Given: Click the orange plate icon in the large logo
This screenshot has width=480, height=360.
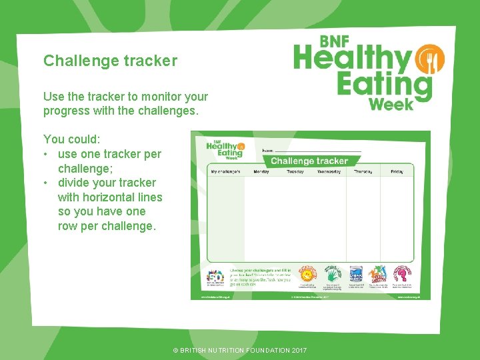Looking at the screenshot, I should coord(429,61).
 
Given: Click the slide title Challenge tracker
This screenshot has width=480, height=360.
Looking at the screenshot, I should coord(110,61).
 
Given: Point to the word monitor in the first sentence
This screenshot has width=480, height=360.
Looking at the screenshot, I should coord(156,97).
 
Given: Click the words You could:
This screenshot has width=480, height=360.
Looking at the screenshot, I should coord(72,139).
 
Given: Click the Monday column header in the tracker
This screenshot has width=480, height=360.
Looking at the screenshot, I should coord(261,171).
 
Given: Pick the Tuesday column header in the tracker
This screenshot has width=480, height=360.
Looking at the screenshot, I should coord(295,171).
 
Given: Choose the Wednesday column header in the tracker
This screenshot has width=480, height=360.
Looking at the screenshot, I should coord(329,171).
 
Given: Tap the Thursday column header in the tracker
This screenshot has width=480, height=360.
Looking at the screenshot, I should coord(363,171).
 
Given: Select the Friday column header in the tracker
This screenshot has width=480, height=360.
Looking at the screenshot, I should coord(397,171).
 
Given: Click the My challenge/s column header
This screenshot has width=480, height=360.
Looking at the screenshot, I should coord(225,171).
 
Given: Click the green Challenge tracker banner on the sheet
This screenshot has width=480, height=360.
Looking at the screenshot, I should coord(309,161).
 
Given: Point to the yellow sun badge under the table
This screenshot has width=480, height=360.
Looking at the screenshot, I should coord(307,273).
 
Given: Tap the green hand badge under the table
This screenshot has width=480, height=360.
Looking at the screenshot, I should coord(333,273).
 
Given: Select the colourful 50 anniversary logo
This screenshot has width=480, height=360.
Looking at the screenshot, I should coord(215,277).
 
